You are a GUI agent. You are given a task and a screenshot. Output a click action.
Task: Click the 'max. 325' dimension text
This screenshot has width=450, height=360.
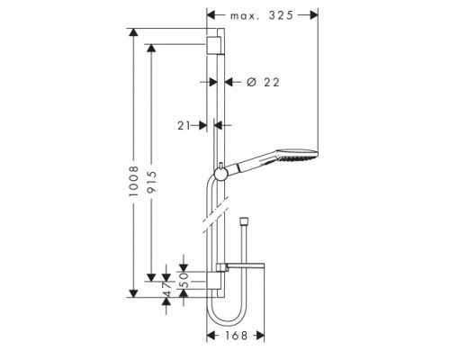(263, 15)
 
